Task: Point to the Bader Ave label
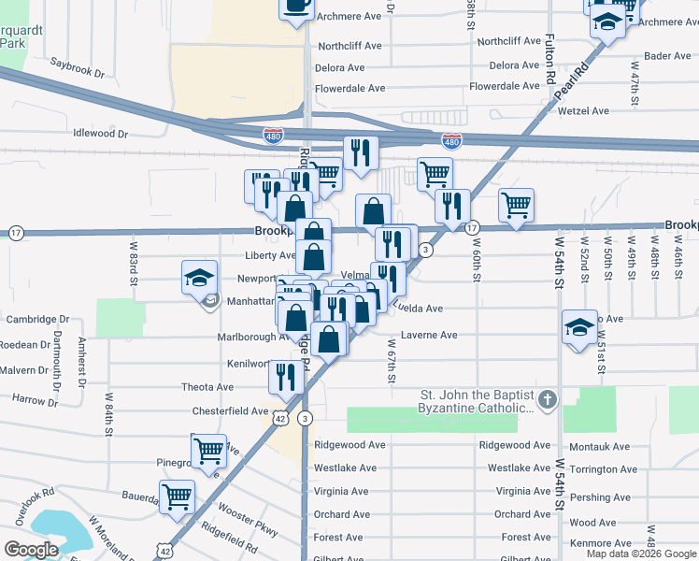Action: coord(668,56)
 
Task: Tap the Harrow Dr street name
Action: coord(35,400)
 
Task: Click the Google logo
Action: coord(32,549)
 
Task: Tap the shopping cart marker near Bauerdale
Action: coord(177,496)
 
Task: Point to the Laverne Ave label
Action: coord(429,335)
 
